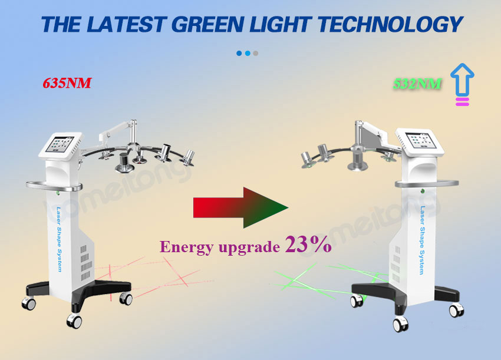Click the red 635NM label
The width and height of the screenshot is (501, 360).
67,83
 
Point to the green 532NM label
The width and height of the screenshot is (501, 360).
417,84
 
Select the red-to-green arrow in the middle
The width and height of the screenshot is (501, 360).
240,207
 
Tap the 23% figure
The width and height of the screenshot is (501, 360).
308,245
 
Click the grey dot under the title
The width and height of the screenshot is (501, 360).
256,53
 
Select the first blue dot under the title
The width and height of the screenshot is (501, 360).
239,53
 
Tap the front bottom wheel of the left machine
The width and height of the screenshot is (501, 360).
74,321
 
